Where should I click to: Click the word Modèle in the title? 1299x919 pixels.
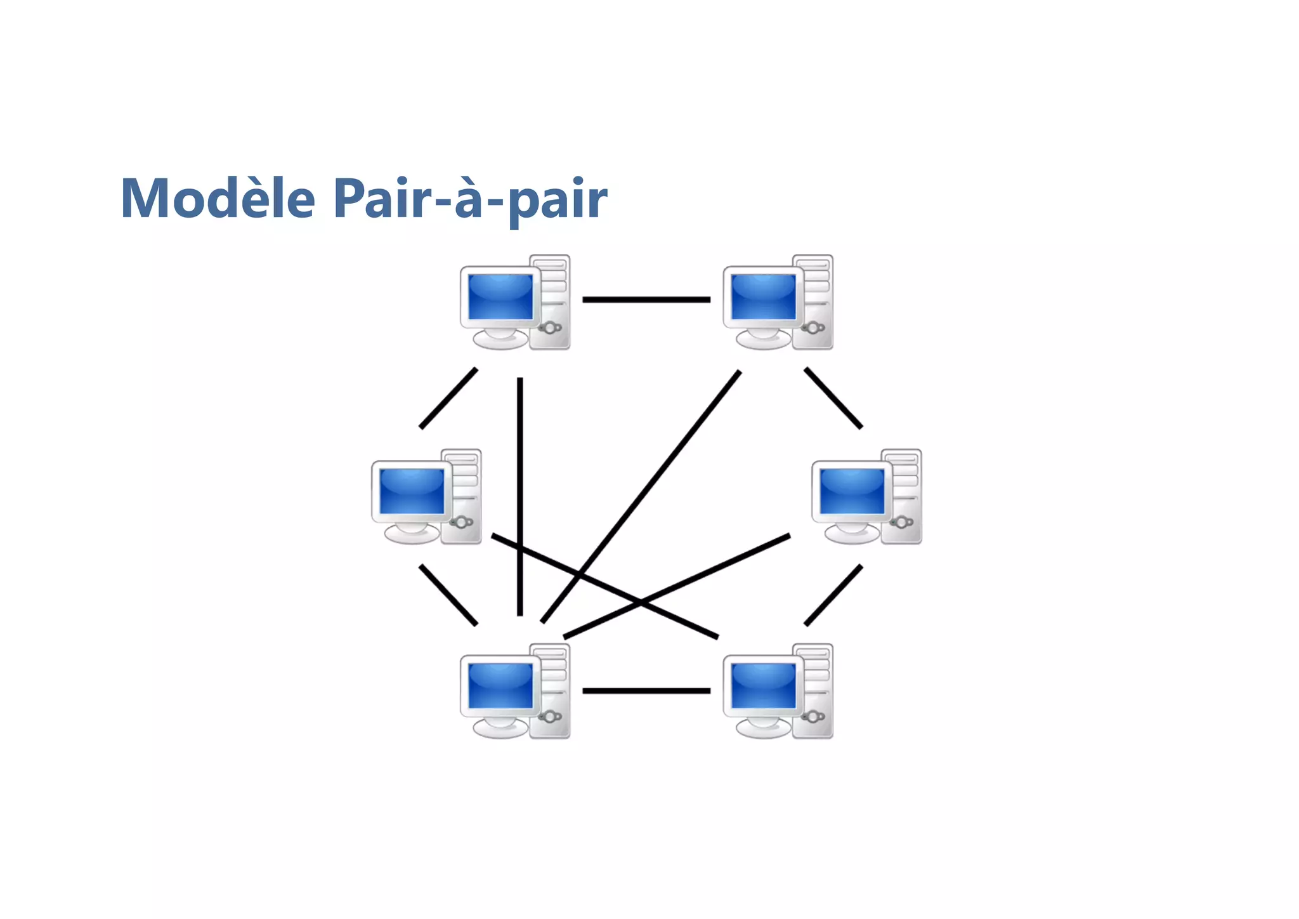coord(218,199)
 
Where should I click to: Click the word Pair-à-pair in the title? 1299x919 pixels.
coord(470,199)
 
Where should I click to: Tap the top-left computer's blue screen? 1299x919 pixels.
coord(500,297)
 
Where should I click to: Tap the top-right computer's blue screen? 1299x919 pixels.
coord(763,297)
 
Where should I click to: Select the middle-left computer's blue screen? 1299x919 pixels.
coord(412,491)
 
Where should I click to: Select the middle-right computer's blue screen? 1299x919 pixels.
coord(852,491)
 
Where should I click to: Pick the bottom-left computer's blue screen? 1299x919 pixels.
coord(500,685)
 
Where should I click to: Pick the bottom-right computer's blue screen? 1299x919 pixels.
coord(763,685)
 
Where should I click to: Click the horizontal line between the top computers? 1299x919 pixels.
coord(646,300)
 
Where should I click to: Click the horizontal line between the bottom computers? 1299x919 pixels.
coord(646,691)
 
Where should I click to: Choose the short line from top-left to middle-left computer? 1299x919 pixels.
coord(448,398)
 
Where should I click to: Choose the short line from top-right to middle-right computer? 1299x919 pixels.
coord(833,398)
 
